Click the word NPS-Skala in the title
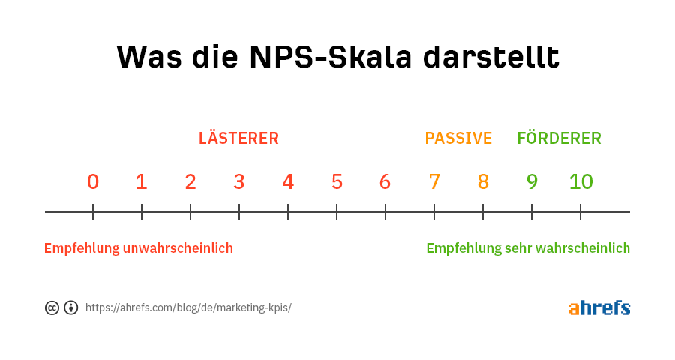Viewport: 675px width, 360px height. pyautogui.click(x=331, y=57)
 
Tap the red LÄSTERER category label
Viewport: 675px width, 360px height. pyautogui.click(x=238, y=137)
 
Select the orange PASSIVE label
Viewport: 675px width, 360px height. pyautogui.click(x=458, y=139)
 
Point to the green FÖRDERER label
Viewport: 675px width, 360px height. pyautogui.click(x=559, y=137)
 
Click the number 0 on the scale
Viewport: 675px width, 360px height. pyautogui.click(x=93, y=181)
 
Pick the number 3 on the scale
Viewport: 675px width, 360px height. pyautogui.click(x=239, y=181)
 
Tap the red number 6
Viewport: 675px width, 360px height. pyautogui.click(x=385, y=181)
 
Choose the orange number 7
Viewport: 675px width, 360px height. pyautogui.click(x=434, y=181)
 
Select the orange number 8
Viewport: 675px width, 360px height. pyautogui.click(x=483, y=181)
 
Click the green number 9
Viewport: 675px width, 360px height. pyautogui.click(x=532, y=181)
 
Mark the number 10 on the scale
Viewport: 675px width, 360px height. pyautogui.click(x=580, y=181)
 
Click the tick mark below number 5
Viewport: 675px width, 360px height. pyautogui.click(x=337, y=212)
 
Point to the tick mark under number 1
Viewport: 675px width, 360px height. pyautogui.click(x=142, y=212)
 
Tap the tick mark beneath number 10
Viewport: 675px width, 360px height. pyautogui.click(x=580, y=212)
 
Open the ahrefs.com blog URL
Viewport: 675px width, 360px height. pyautogui.click(x=188, y=307)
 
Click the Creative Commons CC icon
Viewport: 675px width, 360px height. pyautogui.click(x=52, y=308)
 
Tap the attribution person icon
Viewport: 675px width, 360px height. pyautogui.click(x=71, y=308)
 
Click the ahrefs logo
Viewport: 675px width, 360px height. pyautogui.click(x=599, y=307)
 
